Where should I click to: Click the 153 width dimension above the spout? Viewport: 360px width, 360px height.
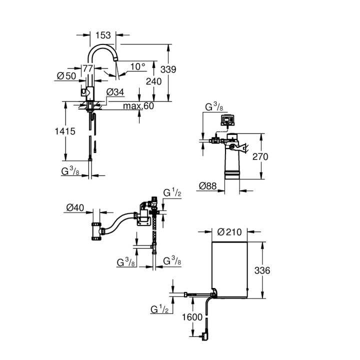coord(103,35)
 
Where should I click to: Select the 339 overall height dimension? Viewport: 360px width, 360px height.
coord(168,69)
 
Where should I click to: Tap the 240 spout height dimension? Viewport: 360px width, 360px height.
coord(153,81)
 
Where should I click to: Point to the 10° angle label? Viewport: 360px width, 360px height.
coord(138,67)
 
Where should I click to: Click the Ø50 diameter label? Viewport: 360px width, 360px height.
coord(66,76)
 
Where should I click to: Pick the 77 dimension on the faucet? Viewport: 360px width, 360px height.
coord(87,68)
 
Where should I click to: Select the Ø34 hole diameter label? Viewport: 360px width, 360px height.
coord(115,92)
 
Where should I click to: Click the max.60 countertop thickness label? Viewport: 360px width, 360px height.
coord(138,106)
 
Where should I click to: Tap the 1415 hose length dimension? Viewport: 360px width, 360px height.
coord(65,131)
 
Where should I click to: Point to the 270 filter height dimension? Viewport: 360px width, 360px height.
coord(260,156)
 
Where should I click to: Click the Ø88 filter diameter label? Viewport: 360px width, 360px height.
coord(208,185)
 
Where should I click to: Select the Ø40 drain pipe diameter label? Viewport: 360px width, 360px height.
coord(75,208)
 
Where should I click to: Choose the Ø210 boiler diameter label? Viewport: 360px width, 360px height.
coord(229,232)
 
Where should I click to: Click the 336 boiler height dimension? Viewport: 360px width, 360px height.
coord(262,270)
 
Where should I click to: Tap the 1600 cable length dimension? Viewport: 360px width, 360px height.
coord(192,317)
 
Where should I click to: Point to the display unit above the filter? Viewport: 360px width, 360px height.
coord(227,120)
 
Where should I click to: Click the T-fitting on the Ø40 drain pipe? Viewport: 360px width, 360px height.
coord(97,231)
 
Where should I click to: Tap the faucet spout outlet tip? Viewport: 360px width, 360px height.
coord(115,59)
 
